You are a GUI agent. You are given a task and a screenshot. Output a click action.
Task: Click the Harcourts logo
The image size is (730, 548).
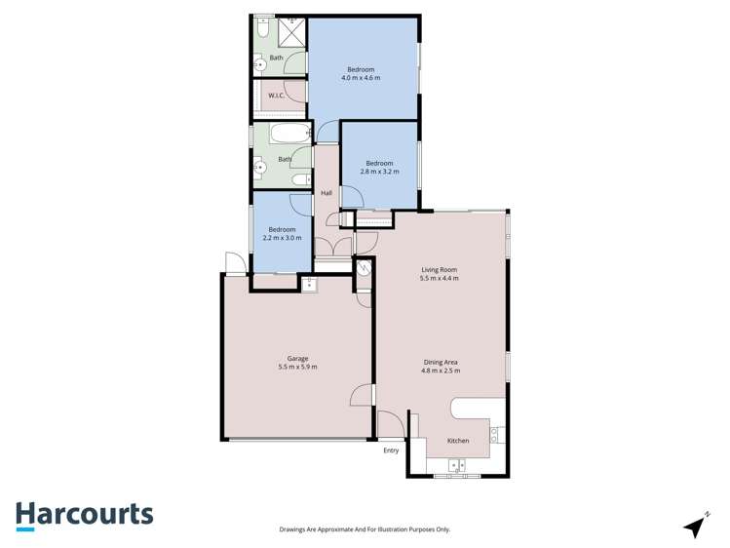[x=84, y=514]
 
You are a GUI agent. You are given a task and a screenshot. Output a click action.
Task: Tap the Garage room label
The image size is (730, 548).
[x=297, y=359]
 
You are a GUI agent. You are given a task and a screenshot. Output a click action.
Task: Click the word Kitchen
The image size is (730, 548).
[x=458, y=441]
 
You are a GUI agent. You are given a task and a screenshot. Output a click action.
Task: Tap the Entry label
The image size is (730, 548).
[x=391, y=450]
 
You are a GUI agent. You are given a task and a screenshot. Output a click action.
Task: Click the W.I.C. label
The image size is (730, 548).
[x=276, y=96]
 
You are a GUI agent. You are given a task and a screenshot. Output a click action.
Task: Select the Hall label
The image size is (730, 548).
[x=327, y=193]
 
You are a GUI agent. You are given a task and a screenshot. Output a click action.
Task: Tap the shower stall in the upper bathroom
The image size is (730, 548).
[x=292, y=32]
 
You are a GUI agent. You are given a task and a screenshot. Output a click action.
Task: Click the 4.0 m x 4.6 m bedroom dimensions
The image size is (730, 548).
[x=361, y=78]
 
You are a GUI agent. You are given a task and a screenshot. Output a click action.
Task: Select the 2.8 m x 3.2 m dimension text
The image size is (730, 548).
[x=379, y=172]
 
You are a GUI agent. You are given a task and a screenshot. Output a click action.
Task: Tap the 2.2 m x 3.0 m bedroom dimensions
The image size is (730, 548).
[x=282, y=238]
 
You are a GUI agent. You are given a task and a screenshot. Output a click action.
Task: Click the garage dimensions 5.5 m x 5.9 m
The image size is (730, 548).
[x=297, y=367]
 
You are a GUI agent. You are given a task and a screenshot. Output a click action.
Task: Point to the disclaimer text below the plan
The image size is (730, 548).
[x=365, y=529]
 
